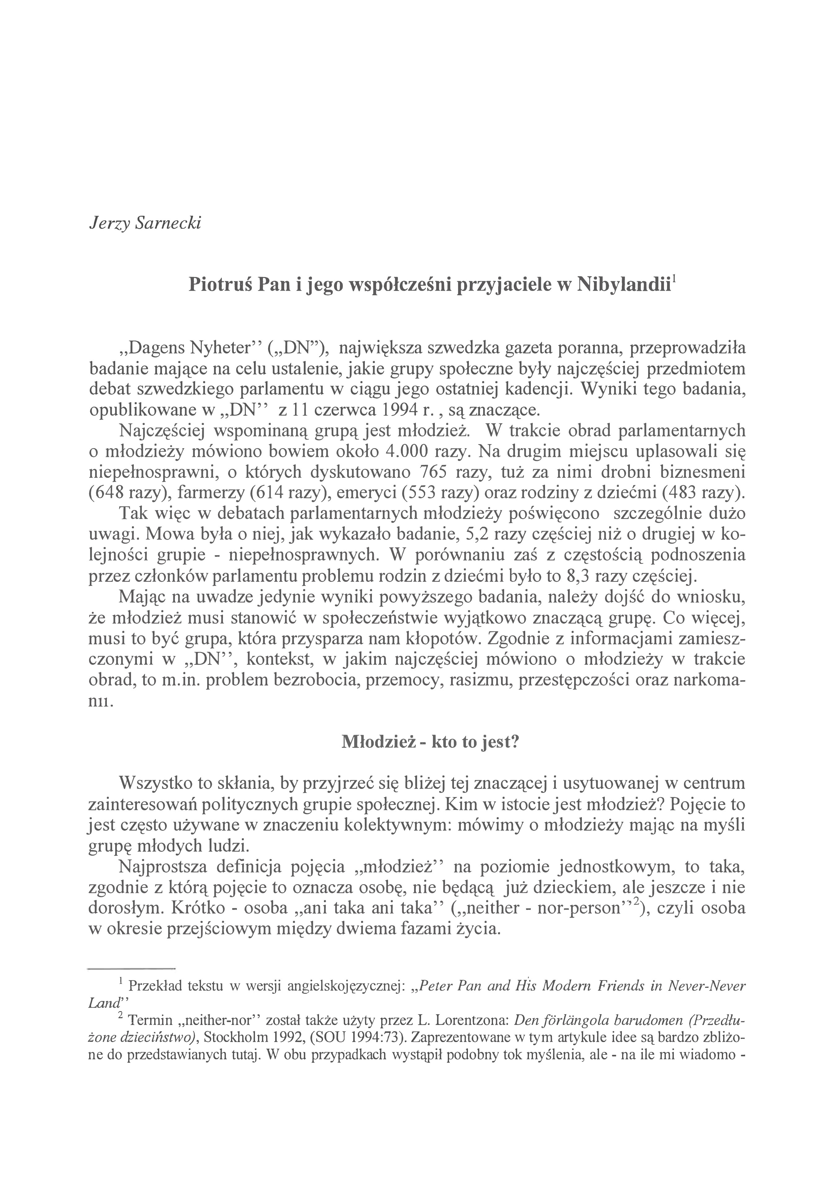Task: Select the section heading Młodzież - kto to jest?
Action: pyautogui.click(x=430, y=742)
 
